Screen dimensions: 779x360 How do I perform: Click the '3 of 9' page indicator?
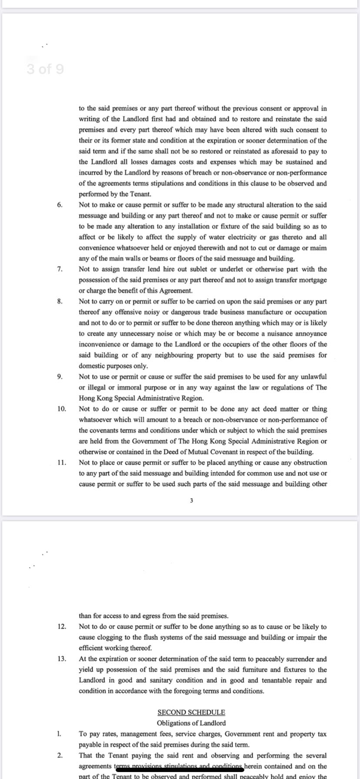point(45,69)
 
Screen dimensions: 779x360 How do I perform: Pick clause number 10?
point(61,409)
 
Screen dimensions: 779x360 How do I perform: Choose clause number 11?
point(61,463)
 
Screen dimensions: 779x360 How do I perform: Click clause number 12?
point(61,627)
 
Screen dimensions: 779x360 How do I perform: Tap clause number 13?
point(61,659)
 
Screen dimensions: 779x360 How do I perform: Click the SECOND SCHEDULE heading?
point(191,712)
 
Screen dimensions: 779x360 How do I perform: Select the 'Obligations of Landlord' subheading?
point(191,723)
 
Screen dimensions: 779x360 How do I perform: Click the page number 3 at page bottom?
point(191,501)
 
